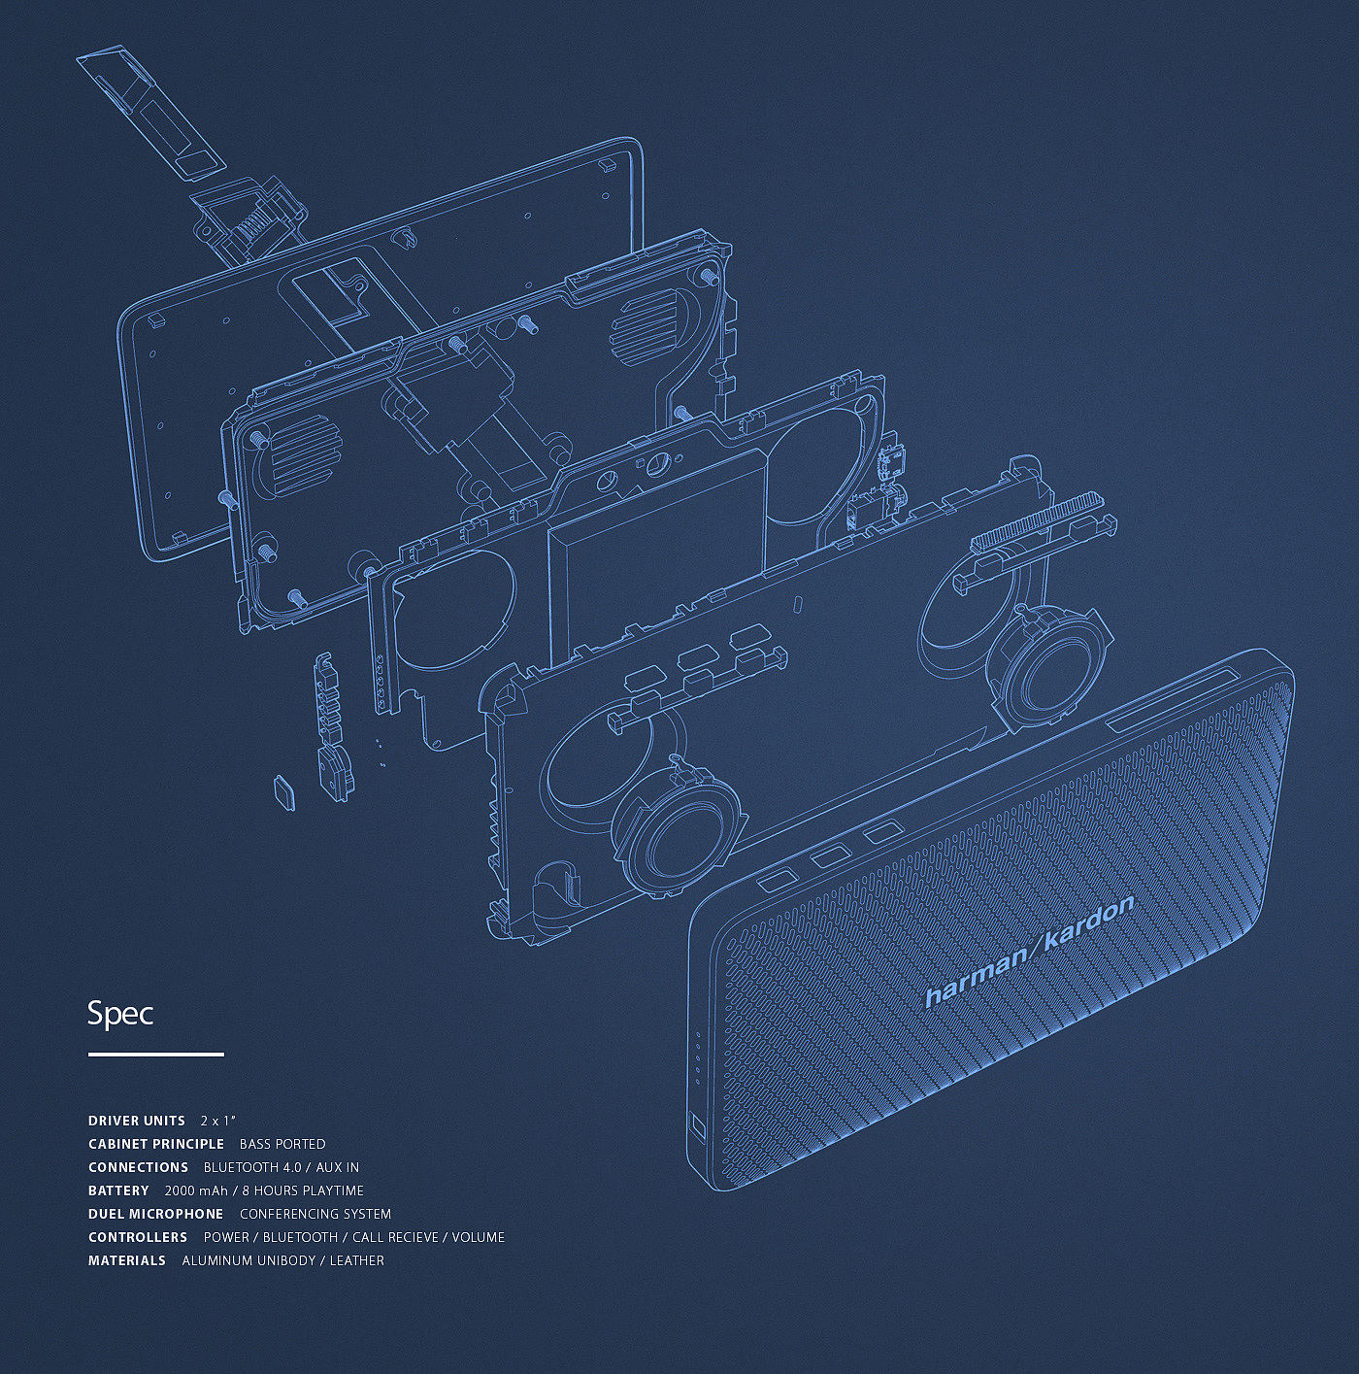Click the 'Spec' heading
point(120,1014)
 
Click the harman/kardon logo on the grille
point(1029,952)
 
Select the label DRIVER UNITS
point(137,1121)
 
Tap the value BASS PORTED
point(282,1144)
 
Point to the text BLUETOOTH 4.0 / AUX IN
point(282,1167)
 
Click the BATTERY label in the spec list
point(118,1190)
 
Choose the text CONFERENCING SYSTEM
point(315,1214)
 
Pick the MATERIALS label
point(127,1260)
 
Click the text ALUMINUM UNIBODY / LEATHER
point(283,1260)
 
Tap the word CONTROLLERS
point(138,1237)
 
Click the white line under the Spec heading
point(156,1054)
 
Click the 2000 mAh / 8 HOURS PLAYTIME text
point(264,1190)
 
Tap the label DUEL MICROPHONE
point(156,1214)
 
